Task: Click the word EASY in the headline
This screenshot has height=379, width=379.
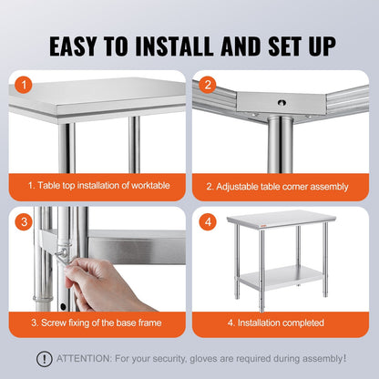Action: pos(80,46)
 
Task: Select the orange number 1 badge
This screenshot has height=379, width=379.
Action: pos(25,86)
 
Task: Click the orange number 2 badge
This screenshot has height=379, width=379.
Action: pos(208,86)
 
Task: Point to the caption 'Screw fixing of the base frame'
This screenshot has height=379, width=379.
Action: pos(96,323)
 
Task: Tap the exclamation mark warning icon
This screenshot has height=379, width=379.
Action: pos(44,359)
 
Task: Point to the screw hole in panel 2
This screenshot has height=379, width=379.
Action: pos(279,102)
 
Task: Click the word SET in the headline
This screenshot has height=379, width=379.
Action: pos(260,46)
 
